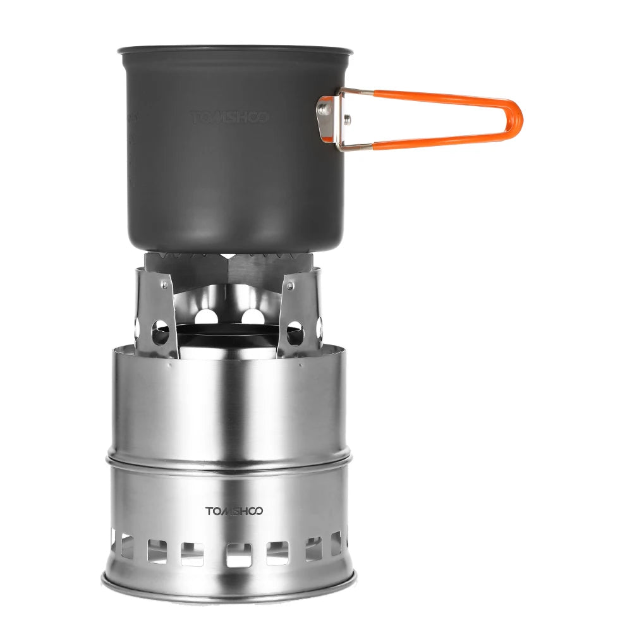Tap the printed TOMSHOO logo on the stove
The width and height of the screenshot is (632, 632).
234,511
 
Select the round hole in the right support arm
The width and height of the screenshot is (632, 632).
295,332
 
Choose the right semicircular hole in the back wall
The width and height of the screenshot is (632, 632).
252,315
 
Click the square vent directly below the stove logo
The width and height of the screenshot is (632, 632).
238,554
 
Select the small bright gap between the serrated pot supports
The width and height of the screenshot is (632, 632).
228,256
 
